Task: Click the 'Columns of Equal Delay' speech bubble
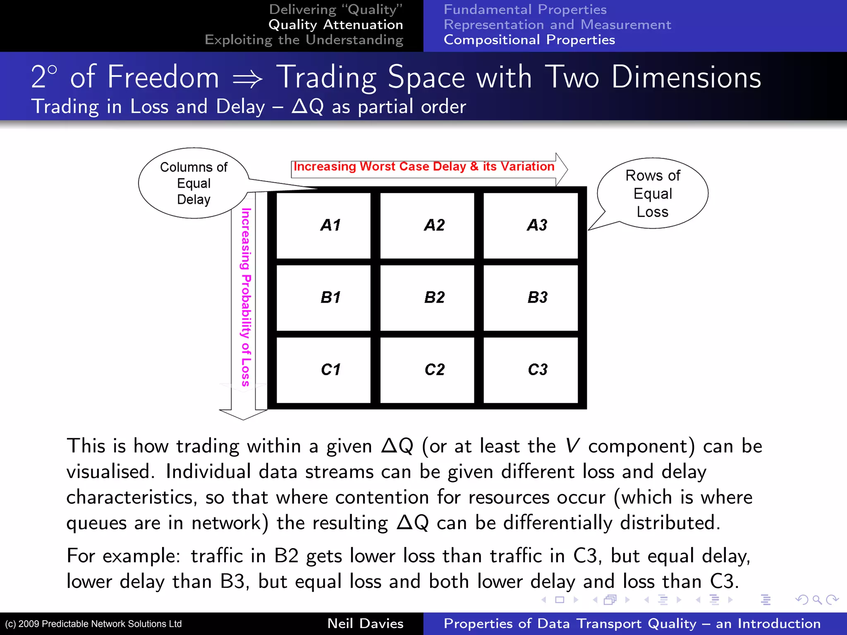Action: pos(194,183)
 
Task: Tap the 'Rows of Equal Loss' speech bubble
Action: pos(653,193)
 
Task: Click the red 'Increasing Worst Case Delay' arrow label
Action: pos(424,167)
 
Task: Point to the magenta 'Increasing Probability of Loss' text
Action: pos(246,297)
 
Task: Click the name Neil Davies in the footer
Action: pos(365,623)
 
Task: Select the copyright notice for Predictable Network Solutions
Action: pos(93,624)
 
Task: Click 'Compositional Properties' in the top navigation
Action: pos(529,40)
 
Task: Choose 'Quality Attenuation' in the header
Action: pos(335,25)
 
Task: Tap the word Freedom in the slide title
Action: pos(163,77)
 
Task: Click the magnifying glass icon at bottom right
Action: pos(817,599)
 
